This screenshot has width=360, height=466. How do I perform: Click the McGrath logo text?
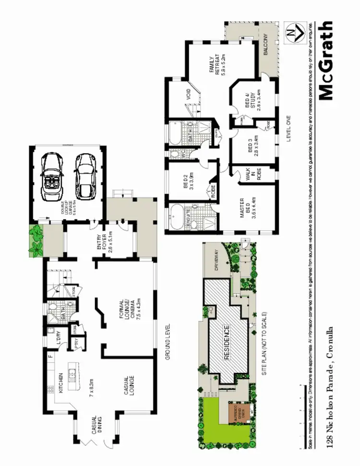(325, 60)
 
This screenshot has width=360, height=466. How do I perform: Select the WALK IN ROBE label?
(253, 176)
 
